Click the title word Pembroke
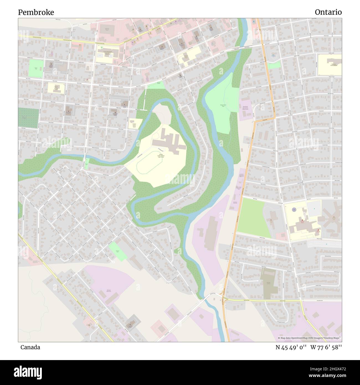pos(36,12)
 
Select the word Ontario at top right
pos(328,12)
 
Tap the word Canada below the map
pos(30,347)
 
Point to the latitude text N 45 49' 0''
pos(291,347)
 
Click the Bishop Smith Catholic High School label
pos(161,156)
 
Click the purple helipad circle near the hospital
pos(294,210)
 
